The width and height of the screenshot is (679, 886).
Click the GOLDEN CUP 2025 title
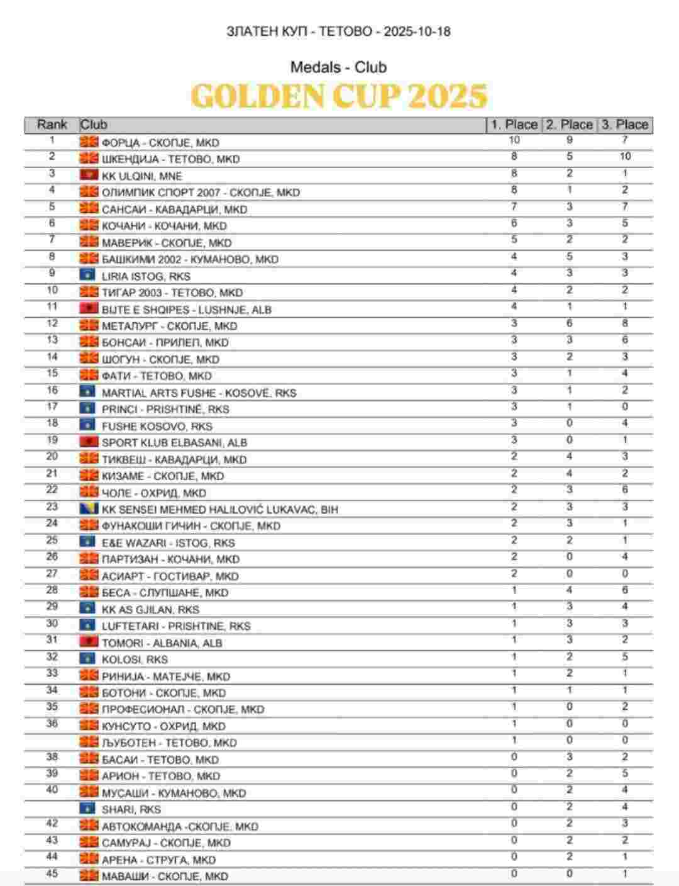[x=339, y=96]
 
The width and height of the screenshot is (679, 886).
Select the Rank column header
[x=52, y=125]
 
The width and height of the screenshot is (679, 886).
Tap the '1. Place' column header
[x=514, y=125]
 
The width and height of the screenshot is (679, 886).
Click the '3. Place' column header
[x=624, y=125]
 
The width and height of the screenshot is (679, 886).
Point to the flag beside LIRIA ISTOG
[x=89, y=276]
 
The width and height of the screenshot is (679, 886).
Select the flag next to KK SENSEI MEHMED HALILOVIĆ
[x=89, y=508]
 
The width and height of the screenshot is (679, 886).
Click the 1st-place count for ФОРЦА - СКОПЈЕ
[x=514, y=140]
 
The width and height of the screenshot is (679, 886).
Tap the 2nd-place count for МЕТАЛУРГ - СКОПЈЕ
[x=570, y=323]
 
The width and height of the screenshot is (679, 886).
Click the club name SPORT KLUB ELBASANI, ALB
[x=174, y=442]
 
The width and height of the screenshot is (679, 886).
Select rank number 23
[x=52, y=507]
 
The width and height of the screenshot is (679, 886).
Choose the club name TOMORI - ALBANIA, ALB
[x=162, y=643]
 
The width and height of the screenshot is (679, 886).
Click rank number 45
[x=52, y=874]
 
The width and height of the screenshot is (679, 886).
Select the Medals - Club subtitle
[x=338, y=67]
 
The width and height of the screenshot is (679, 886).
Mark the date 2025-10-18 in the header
[x=417, y=31]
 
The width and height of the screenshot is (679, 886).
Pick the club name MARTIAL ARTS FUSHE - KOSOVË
[x=199, y=393]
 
